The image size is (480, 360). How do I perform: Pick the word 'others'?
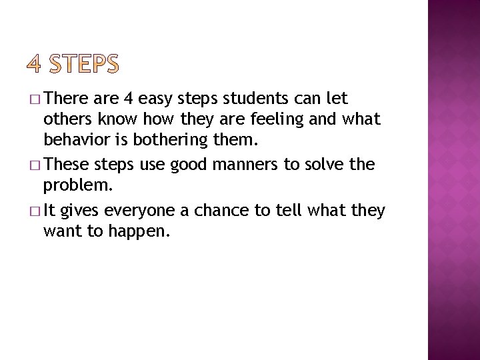[67, 119]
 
